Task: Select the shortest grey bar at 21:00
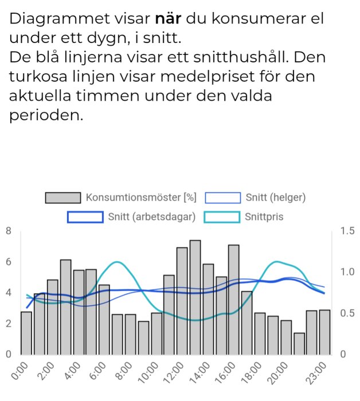(x=299, y=343)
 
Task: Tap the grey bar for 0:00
(x=26, y=332)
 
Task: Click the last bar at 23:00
(x=324, y=332)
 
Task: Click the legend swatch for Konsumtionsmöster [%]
(x=62, y=198)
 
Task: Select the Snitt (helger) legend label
(x=275, y=198)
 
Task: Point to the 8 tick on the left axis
(x=9, y=231)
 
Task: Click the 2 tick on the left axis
(x=9, y=324)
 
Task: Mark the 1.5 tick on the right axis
(x=348, y=231)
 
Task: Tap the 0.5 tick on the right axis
(x=348, y=313)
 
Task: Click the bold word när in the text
(x=169, y=18)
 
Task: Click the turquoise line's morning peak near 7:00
(x=117, y=262)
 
